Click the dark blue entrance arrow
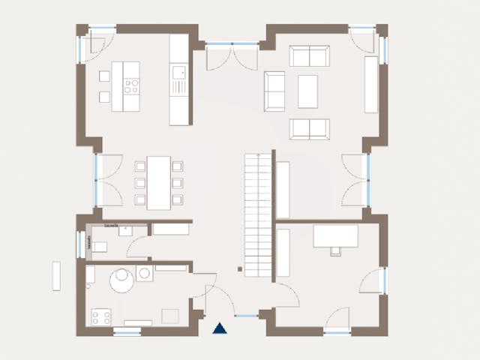click(220, 328)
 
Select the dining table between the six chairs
click(158, 182)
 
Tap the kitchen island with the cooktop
click(125, 86)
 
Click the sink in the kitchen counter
click(178, 73)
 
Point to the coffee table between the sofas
click(308, 91)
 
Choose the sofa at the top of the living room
click(309, 56)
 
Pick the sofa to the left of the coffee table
click(274, 91)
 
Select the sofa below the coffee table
click(309, 128)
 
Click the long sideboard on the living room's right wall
click(371, 84)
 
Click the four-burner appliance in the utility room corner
click(101, 317)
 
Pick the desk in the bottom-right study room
click(335, 236)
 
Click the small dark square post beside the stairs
click(239, 268)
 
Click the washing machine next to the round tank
click(145, 274)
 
